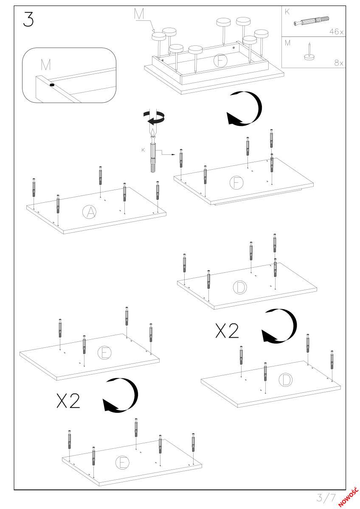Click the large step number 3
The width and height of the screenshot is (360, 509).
point(28,20)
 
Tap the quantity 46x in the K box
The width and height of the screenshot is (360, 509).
point(336,31)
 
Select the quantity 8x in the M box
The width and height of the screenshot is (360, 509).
point(339,62)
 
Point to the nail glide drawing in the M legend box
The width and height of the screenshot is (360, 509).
point(309,52)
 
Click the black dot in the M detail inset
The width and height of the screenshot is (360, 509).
point(52,85)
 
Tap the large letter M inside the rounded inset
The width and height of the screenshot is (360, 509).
point(46,65)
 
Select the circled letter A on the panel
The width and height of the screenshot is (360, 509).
point(89,212)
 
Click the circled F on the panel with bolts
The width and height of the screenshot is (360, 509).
point(236,182)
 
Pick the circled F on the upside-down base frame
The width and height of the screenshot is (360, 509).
point(220,60)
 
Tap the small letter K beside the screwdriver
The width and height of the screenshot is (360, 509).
point(143,150)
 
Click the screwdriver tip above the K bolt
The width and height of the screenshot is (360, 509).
point(153,133)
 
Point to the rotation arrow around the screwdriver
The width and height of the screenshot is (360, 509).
point(154,118)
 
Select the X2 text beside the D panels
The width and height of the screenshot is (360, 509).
point(227,331)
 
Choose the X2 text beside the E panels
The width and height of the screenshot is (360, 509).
point(68,401)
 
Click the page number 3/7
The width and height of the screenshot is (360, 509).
point(326,498)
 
